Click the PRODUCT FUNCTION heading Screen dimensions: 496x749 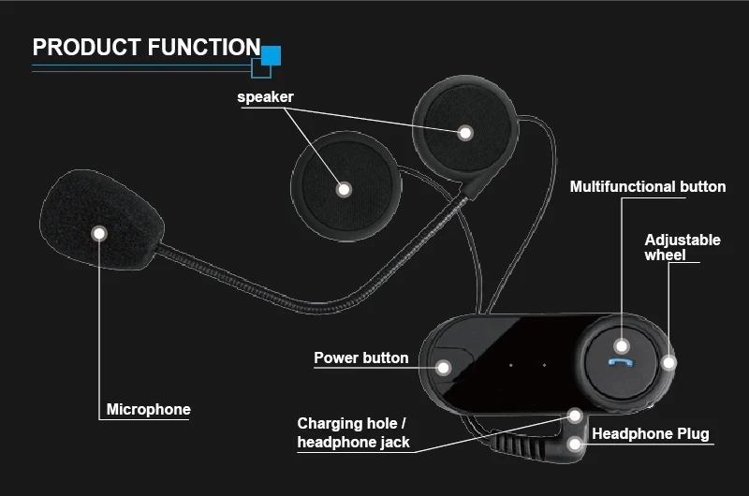coord(146,47)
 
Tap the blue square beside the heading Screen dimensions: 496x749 coord(271,55)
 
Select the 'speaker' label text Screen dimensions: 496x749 coord(265,97)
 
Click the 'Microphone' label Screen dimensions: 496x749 coord(148,409)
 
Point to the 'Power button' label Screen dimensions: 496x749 coord(360,357)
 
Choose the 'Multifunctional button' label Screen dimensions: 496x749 coord(648,186)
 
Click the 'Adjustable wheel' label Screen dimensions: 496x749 coord(683,247)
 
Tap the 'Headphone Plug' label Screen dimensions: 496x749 coord(651,434)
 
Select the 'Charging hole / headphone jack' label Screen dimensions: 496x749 coord(353,432)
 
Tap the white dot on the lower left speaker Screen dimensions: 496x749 coord(344,189)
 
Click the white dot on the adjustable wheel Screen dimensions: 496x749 coord(668,361)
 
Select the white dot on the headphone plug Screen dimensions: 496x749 coord(575,442)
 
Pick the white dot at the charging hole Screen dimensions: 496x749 coord(575,415)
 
